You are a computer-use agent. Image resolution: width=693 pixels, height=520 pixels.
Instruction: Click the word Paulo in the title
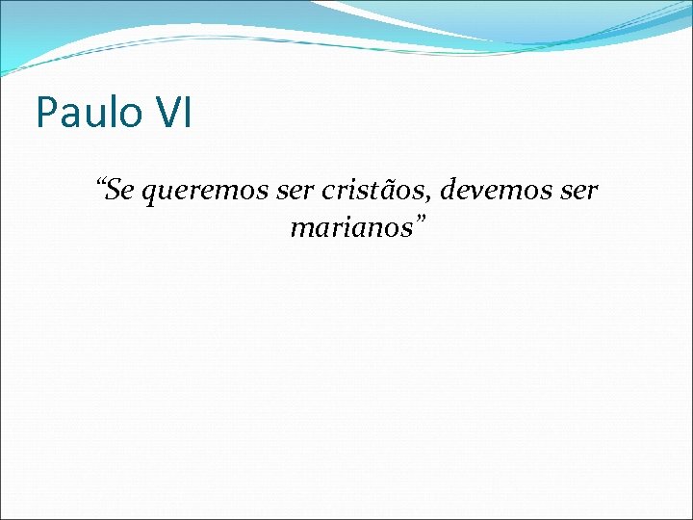click(x=85, y=113)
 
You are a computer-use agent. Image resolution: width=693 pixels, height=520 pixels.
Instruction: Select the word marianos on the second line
click(x=347, y=229)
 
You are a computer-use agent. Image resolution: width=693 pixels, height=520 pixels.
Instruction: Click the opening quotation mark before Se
click(x=101, y=183)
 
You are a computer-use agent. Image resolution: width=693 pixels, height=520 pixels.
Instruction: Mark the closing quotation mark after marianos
click(x=420, y=221)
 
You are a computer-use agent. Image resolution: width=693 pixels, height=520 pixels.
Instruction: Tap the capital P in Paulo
click(x=45, y=113)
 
